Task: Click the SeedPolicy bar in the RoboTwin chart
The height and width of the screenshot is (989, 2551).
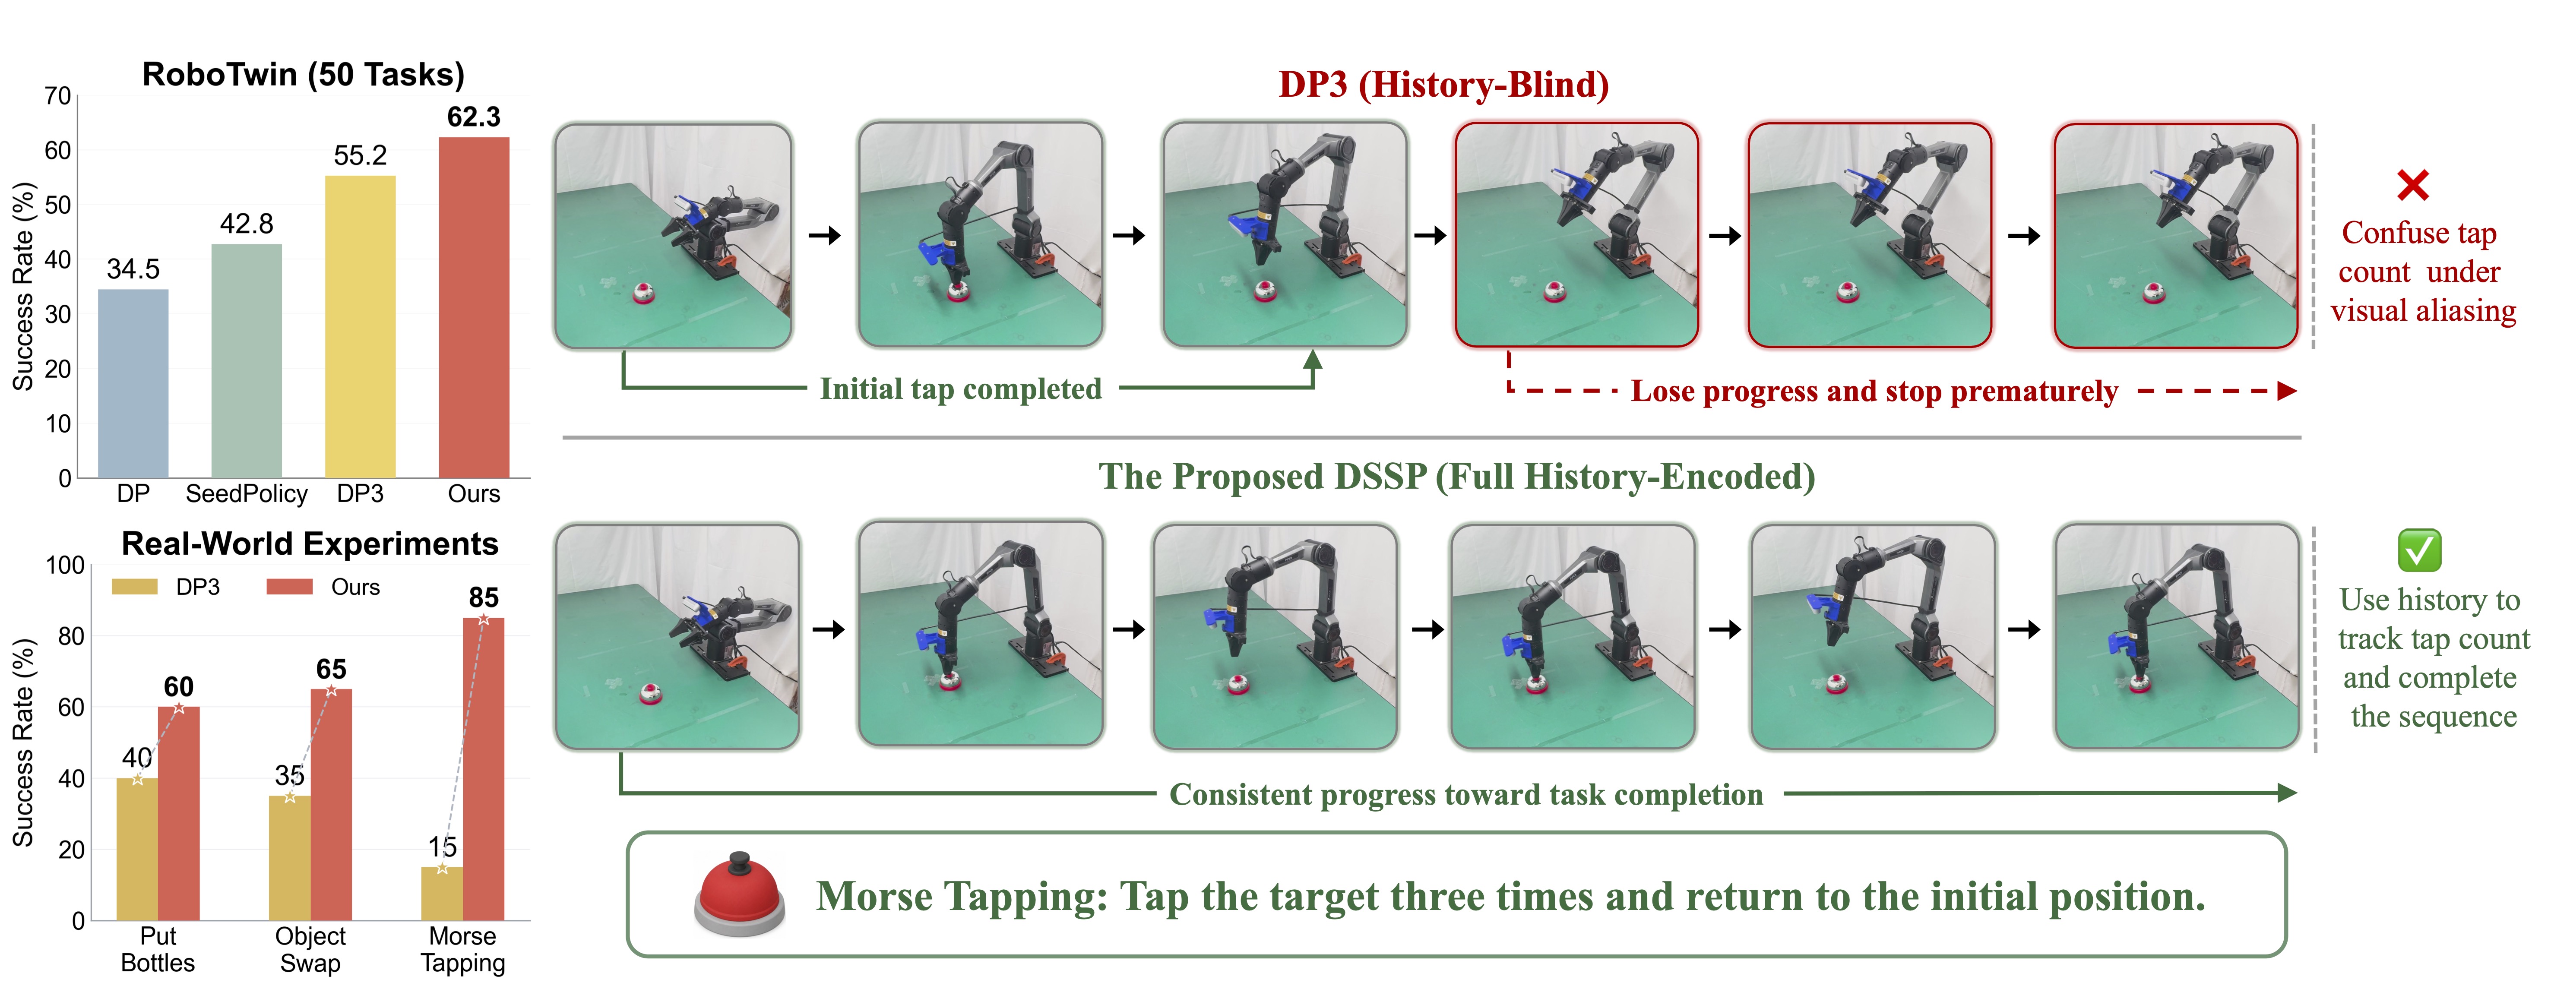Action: tap(247, 360)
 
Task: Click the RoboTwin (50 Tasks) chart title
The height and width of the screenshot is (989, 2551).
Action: tap(303, 74)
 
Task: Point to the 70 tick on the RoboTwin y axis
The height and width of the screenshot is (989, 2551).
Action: tap(57, 96)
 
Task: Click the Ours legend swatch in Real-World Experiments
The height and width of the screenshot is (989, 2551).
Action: tap(289, 587)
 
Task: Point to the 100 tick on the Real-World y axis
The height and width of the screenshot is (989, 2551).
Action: tap(65, 565)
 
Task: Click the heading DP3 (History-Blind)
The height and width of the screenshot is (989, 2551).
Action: tap(1443, 84)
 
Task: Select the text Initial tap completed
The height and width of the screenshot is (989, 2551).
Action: tap(961, 388)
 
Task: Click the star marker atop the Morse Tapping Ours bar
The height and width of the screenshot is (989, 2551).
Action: tap(483, 620)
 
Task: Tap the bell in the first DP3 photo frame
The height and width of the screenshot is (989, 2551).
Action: tap(644, 292)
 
